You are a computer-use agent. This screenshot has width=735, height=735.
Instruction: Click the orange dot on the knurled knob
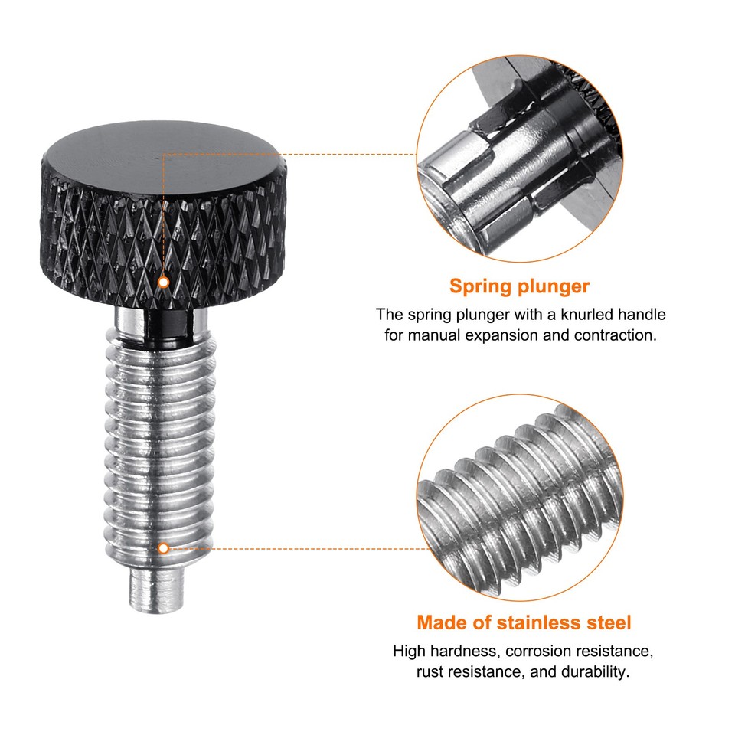pos(162,283)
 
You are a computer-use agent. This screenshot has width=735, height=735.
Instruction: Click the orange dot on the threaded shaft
pos(163,548)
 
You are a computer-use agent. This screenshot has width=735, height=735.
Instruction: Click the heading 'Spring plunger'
pos(520,286)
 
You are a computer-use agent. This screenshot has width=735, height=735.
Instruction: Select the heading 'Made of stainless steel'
pos(524,622)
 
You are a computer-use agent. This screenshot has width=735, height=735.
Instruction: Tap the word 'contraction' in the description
pos(615,335)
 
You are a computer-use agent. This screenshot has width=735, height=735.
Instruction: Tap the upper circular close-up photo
pos(520,153)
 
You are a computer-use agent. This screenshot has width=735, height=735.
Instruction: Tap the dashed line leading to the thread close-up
pos(306,548)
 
